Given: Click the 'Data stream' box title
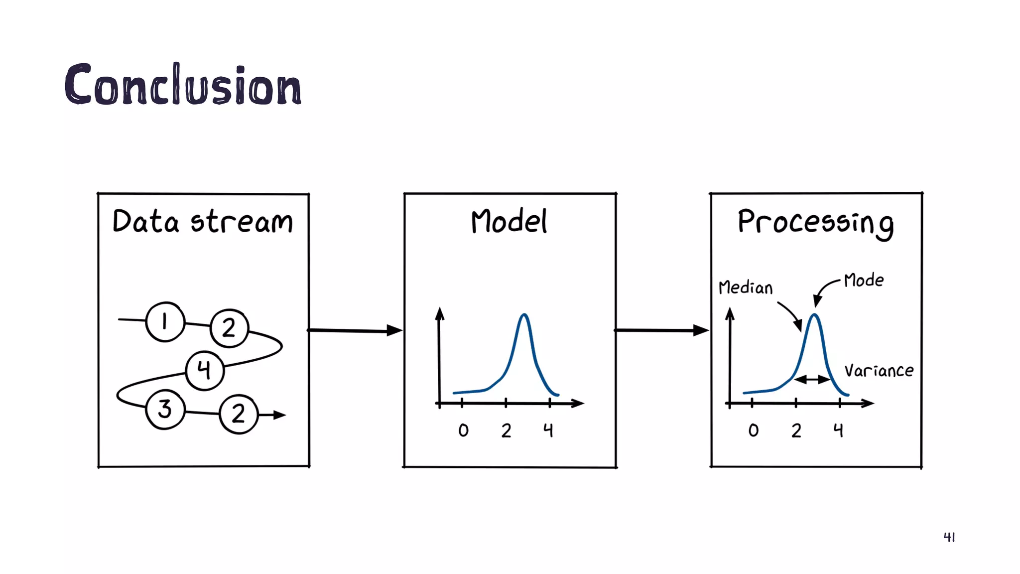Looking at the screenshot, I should tap(203, 222).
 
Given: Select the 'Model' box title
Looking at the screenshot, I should tap(509, 222).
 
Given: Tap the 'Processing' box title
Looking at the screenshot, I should tap(815, 223).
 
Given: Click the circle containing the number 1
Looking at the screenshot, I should tap(165, 322).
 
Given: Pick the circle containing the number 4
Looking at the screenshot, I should tap(204, 370).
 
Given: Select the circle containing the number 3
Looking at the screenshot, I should tap(165, 410).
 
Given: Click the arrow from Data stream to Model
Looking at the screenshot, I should tap(355, 330).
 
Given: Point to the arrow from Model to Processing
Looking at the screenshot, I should tap(661, 330).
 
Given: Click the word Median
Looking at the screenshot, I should tap(746, 288).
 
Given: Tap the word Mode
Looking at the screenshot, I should tap(864, 281).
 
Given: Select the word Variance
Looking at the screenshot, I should tap(879, 371).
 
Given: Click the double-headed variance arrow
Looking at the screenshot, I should tap(812, 380).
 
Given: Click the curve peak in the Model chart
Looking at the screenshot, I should tap(524, 315).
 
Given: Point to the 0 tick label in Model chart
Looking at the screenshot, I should tap(463, 430).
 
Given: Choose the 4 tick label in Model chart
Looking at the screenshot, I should tap(548, 430).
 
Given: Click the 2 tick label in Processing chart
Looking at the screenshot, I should tap(796, 430).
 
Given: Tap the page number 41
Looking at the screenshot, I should tap(949, 537).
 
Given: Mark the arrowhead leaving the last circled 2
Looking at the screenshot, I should tap(279, 415).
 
